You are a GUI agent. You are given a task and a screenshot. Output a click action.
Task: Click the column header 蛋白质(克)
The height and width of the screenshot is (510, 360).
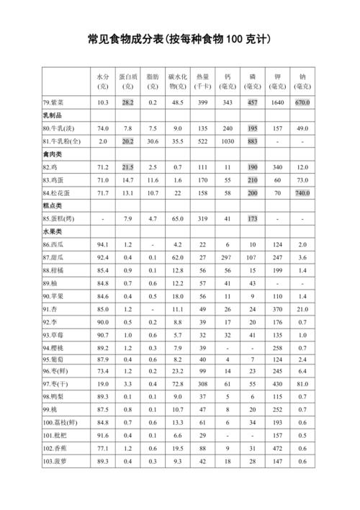(128, 81)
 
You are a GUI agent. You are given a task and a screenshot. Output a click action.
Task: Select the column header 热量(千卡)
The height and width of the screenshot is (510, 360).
(202, 81)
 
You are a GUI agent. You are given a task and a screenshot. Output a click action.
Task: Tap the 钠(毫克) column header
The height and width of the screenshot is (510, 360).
(302, 81)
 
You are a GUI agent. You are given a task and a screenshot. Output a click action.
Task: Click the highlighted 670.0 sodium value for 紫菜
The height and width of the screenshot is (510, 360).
(302, 103)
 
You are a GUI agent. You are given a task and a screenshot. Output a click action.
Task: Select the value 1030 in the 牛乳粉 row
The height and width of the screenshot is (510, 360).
(228, 141)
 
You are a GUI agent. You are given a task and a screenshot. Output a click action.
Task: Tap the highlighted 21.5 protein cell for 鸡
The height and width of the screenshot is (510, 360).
(128, 167)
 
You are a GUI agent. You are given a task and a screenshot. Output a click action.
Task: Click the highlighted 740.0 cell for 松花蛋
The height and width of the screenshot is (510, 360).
(302, 193)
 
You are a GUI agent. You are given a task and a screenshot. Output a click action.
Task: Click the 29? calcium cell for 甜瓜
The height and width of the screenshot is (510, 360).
(228, 257)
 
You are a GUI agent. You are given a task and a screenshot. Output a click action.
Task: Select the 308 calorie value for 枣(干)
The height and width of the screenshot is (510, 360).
(202, 384)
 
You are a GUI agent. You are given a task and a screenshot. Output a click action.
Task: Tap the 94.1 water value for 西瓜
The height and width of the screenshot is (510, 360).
(103, 245)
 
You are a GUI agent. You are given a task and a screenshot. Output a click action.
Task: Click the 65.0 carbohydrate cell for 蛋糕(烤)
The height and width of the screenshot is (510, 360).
(177, 218)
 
